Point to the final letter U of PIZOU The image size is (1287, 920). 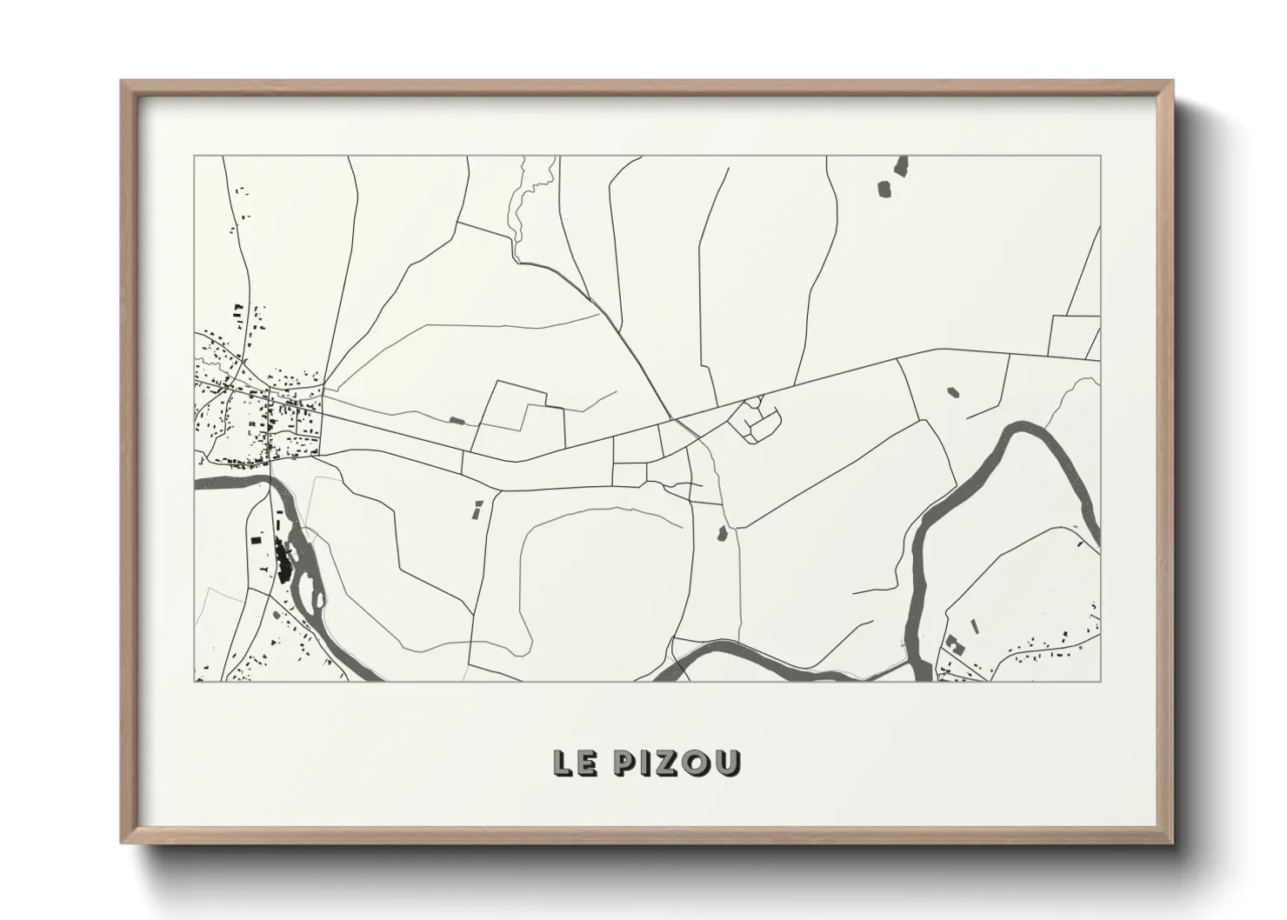pos(728,763)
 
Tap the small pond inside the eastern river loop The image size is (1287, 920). pos(954,391)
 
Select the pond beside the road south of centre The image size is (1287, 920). pos(721,532)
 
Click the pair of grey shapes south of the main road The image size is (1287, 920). pos(477,509)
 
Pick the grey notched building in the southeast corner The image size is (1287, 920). pos(954,643)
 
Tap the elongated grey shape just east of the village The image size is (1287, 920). pos(457,421)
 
